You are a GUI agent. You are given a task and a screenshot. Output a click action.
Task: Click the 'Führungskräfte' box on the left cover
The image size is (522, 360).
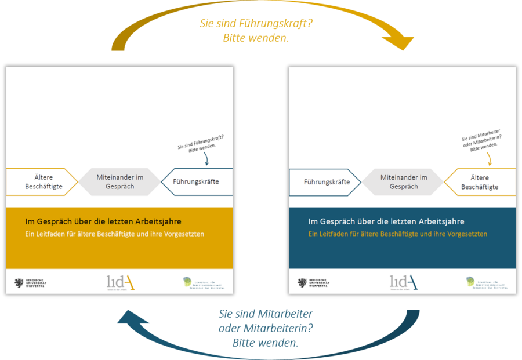click(x=197, y=182)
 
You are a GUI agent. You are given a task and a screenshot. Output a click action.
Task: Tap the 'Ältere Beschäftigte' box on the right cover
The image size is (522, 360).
click(x=480, y=182)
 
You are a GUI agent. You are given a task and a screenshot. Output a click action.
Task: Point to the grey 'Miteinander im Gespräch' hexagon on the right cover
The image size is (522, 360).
click(x=404, y=181)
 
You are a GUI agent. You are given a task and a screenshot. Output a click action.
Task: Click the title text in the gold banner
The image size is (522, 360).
click(x=103, y=221)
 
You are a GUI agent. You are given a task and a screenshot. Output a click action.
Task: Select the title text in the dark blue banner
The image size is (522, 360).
click(x=386, y=221)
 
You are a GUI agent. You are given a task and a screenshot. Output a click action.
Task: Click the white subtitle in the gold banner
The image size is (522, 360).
click(x=114, y=234)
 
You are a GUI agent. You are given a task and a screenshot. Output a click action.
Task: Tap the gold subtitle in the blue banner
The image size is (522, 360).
click(x=397, y=234)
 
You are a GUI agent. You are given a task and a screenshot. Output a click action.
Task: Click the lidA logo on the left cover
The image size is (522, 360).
click(x=121, y=282)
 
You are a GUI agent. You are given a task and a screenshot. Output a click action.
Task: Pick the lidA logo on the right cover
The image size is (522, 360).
click(x=403, y=282)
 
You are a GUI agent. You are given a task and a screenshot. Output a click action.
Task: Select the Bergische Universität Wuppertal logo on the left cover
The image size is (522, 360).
click(x=30, y=283)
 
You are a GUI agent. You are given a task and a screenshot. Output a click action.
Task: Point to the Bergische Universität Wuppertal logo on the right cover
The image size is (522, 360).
click(x=313, y=283)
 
